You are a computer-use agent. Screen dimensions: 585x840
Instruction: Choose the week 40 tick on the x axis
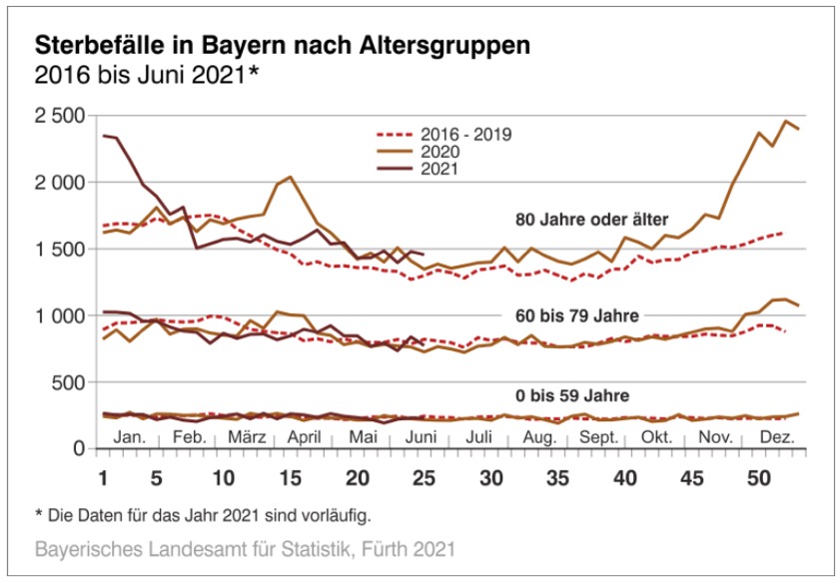point(627,477)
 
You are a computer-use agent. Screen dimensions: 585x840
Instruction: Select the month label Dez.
point(778,437)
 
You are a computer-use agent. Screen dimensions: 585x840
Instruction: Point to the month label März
point(247,437)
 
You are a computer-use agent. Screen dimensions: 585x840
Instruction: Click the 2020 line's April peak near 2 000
point(290,178)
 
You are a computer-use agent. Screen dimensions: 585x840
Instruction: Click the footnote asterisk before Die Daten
point(38,515)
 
